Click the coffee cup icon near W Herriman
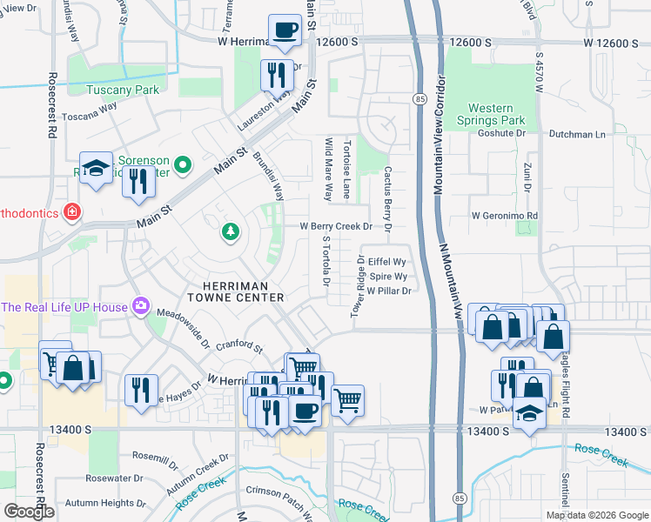tap(285, 32)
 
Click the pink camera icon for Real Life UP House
tap(139, 306)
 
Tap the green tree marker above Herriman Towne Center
tap(231, 232)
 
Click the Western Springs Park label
tap(497, 114)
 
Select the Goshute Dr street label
tap(502, 134)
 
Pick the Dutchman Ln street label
tap(576, 134)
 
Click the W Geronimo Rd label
tap(505, 215)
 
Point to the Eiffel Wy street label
tap(387, 261)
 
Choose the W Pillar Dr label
tap(388, 291)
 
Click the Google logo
tap(29, 512)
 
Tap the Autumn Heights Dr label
tap(105, 503)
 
